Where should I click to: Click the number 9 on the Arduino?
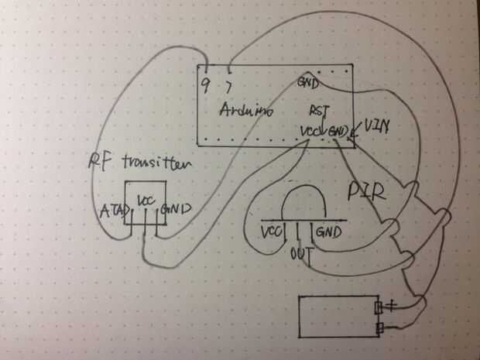(205, 82)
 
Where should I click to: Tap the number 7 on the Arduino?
(228, 82)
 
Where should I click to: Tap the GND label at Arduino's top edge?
(308, 83)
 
